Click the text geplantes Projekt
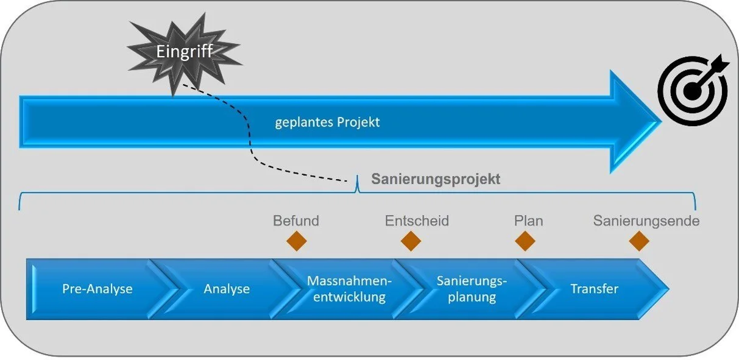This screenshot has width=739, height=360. pyautogui.click(x=327, y=122)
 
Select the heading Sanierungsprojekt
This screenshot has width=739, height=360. pyautogui.click(x=436, y=180)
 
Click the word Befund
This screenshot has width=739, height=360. pyautogui.click(x=296, y=221)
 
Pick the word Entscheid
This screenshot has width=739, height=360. pyautogui.click(x=417, y=221)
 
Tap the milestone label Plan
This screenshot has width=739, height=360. pyautogui.click(x=528, y=221)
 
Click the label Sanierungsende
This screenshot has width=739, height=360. pyautogui.click(x=646, y=221)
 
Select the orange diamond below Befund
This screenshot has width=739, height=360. pyautogui.click(x=297, y=241)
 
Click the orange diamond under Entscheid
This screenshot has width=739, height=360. pyautogui.click(x=411, y=241)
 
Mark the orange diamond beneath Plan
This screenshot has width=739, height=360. pyautogui.click(x=525, y=241)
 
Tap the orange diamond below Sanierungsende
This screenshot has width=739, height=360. pyautogui.click(x=638, y=241)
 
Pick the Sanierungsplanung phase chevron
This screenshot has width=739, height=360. pyautogui.click(x=472, y=289)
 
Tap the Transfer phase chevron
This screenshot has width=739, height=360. pyautogui.click(x=594, y=289)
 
